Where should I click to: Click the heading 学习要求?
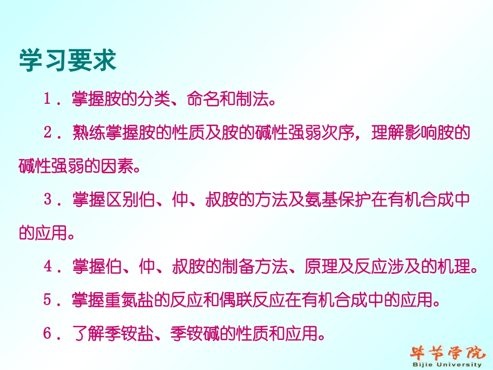pos(67,61)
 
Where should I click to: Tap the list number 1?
pos(47,100)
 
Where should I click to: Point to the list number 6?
pos(47,334)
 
